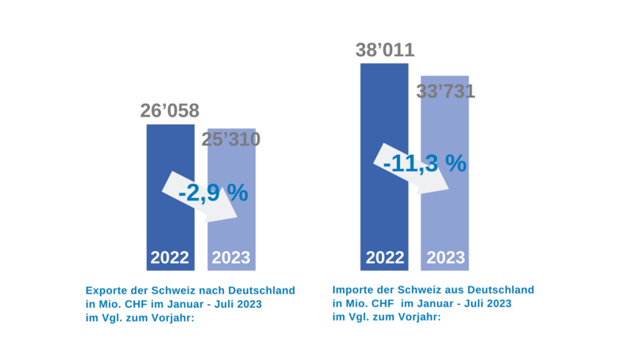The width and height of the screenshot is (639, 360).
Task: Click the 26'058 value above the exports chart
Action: (170, 111)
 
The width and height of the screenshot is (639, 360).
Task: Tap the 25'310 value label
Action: (230, 140)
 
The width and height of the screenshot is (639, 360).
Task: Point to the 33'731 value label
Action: (446, 91)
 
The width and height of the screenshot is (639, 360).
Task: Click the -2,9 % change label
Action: (213, 192)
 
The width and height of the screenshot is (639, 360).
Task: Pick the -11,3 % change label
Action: (424, 163)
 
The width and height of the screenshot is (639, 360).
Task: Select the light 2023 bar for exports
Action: (231, 229)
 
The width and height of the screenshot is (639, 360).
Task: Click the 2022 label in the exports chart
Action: (170, 257)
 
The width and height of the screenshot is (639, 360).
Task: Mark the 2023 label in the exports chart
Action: (231, 257)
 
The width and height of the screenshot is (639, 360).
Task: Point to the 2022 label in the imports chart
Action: (384, 257)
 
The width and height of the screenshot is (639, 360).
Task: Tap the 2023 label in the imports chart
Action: (446, 257)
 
